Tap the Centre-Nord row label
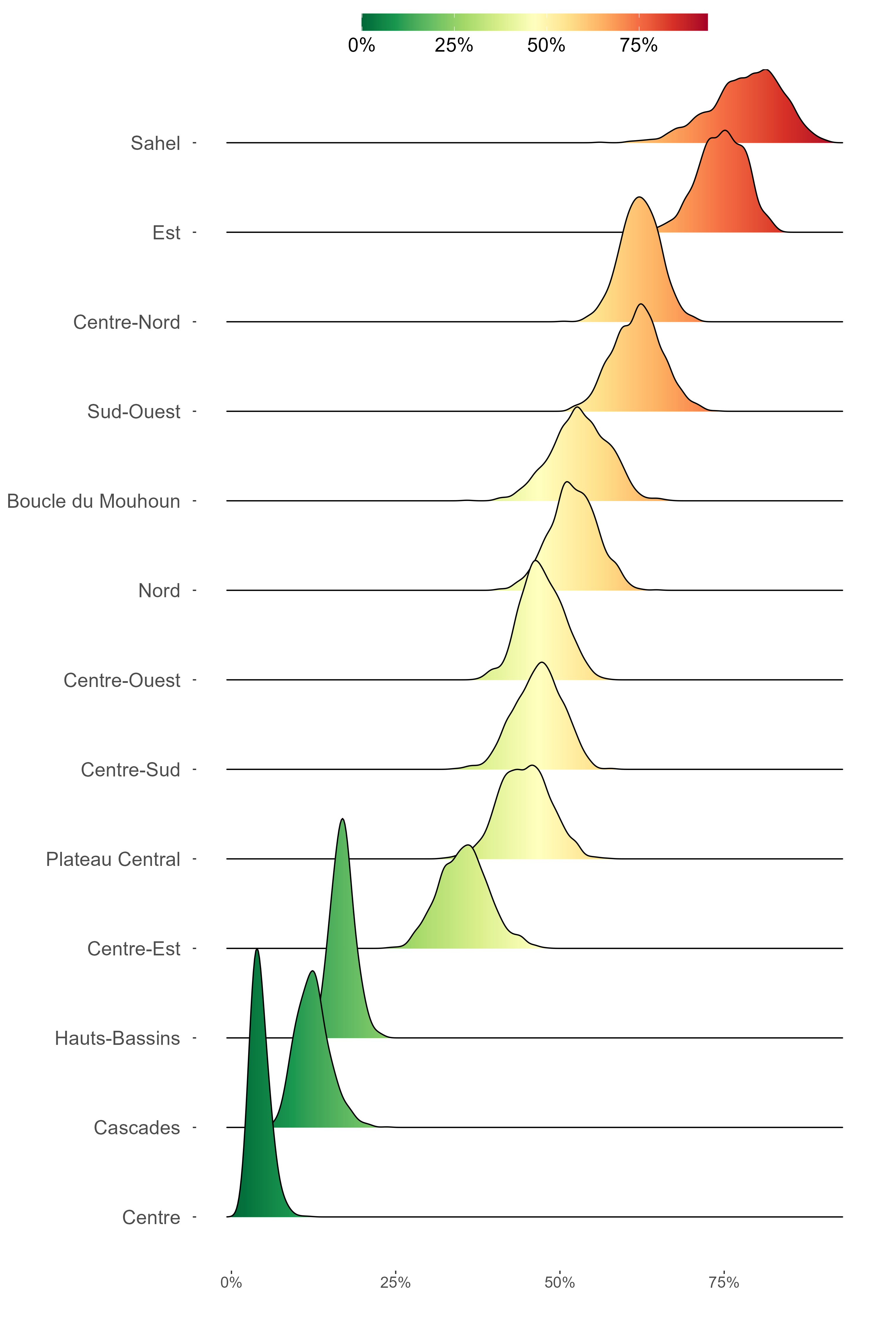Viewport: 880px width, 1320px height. pyautogui.click(x=127, y=322)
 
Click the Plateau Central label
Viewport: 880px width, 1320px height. pyautogui.click(x=113, y=859)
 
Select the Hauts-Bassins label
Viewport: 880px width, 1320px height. pyautogui.click(x=117, y=1038)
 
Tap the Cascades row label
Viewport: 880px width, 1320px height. pyautogui.click(x=137, y=1128)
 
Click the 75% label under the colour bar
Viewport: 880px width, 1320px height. pyautogui.click(x=639, y=45)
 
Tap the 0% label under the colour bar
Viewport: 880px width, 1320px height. pyautogui.click(x=361, y=45)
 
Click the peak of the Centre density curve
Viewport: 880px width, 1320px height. pyautogui.click(x=257, y=950)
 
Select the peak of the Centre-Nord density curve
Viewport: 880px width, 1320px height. pyautogui.click(x=639, y=197)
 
